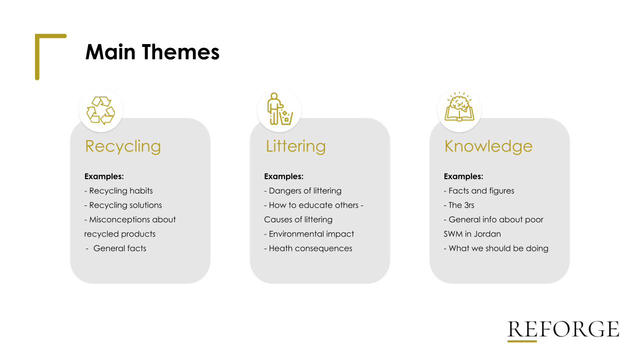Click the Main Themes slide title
point(152,52)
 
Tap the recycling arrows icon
point(100,110)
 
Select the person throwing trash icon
point(279,109)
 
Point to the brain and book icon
point(459,107)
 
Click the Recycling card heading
point(123,147)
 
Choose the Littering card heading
point(295,146)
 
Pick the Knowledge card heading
point(488,146)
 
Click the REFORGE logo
point(563,331)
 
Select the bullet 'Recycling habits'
point(118,190)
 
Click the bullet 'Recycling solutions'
point(123,205)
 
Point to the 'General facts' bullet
point(116,248)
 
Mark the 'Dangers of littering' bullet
point(302,190)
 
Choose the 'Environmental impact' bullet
point(309,234)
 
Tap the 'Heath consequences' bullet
point(308,248)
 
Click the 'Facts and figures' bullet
point(479,190)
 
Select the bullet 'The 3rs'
point(459,205)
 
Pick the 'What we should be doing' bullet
point(496,248)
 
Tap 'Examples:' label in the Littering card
point(283,176)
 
